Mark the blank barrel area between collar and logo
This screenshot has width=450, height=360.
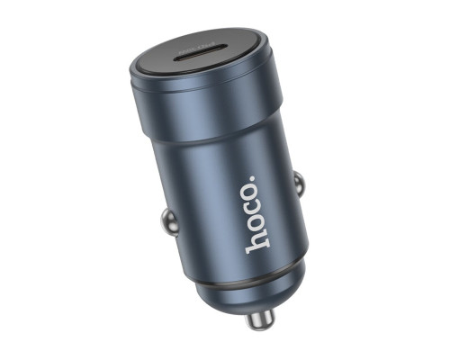click(216, 171)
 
